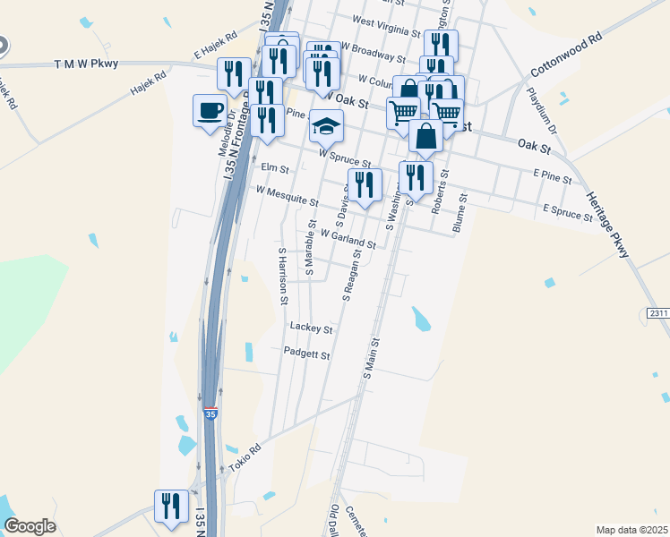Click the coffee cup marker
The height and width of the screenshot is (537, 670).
pyautogui.click(x=210, y=111)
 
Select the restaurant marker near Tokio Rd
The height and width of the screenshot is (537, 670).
pyautogui.click(x=168, y=506)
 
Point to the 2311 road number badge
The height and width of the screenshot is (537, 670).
pyautogui.click(x=658, y=312)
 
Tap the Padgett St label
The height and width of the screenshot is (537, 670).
pyautogui.click(x=307, y=354)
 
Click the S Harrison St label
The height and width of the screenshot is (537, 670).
pyautogui.click(x=282, y=270)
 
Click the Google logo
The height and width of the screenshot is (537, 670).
pyautogui.click(x=30, y=526)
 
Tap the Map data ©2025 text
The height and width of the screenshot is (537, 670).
pyautogui.click(x=631, y=530)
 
